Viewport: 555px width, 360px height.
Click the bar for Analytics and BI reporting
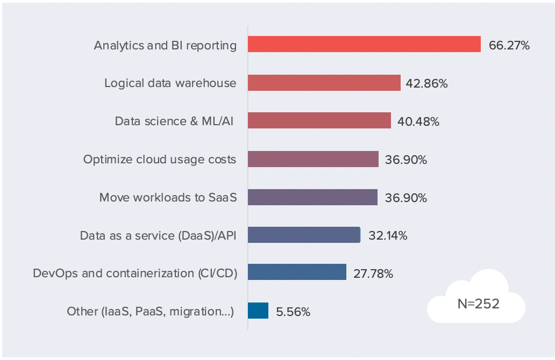(x=364, y=44)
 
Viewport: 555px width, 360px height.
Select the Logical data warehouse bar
(x=324, y=83)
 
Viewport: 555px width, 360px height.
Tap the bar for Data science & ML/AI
(x=319, y=120)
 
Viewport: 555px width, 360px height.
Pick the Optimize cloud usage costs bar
(x=313, y=159)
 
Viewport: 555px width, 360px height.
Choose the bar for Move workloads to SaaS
(x=312, y=197)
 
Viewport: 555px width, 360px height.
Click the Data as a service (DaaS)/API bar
(x=304, y=235)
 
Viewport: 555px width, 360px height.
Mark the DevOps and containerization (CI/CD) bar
(x=297, y=272)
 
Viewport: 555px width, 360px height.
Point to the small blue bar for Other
(x=258, y=311)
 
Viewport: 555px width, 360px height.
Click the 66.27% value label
(x=509, y=45)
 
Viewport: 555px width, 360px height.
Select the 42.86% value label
(x=426, y=83)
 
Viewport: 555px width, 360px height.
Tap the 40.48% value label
(x=418, y=121)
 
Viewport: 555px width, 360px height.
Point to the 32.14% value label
(x=388, y=235)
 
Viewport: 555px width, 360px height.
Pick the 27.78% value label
(x=373, y=273)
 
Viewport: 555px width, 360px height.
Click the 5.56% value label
(x=293, y=312)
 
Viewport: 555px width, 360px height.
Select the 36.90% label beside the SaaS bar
(x=406, y=198)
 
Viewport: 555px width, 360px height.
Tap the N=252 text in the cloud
(x=478, y=304)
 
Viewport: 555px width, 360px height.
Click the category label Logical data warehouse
(x=170, y=83)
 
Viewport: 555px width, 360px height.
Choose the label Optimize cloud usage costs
(x=160, y=160)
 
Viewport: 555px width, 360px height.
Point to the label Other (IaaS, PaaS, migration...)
(x=151, y=312)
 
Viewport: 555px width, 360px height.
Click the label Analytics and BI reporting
(x=165, y=46)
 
